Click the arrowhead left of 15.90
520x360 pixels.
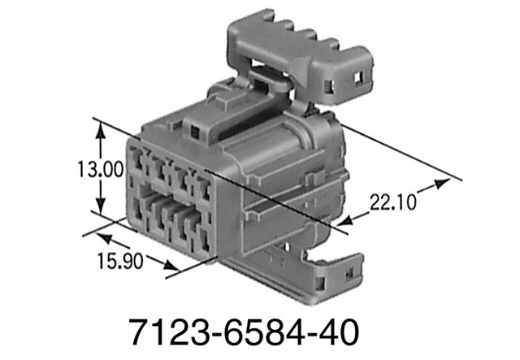click(x=104, y=236)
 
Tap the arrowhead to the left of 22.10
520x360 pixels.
click(x=351, y=217)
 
